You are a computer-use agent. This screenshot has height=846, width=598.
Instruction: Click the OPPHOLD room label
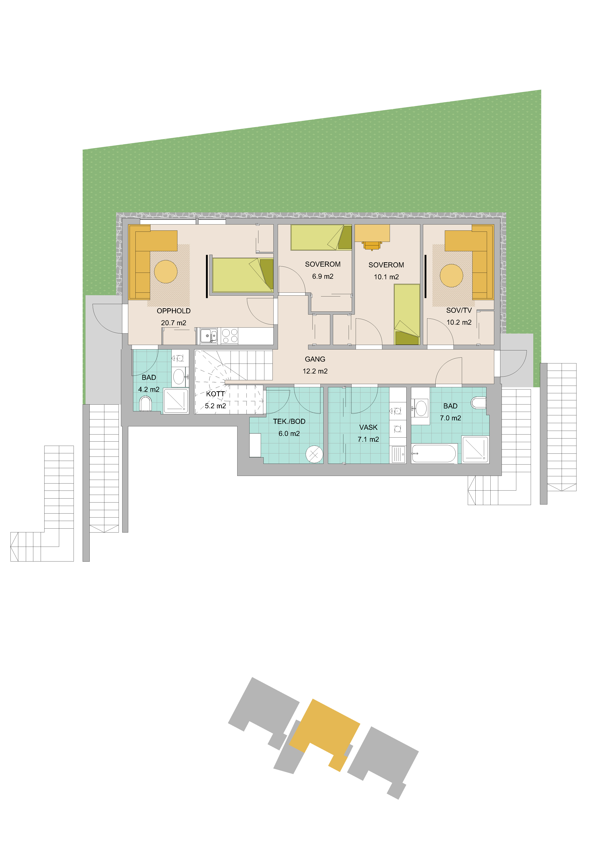174,311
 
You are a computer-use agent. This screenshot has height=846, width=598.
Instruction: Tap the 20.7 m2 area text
174,323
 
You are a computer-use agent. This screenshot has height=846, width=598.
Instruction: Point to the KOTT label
215,394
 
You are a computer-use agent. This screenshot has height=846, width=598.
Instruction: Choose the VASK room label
369,427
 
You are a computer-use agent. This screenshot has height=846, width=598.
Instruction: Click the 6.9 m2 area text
323,276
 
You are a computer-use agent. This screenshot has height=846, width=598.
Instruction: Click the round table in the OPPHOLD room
166,272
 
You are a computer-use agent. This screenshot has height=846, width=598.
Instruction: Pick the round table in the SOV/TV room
451,276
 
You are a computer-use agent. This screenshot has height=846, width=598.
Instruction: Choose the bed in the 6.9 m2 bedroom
321,238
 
